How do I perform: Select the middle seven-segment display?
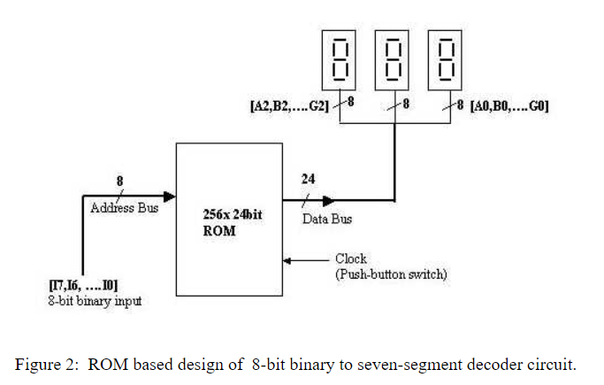tap(394, 58)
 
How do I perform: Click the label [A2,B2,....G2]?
tap(289, 107)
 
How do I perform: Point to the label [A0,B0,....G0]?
tap(508, 106)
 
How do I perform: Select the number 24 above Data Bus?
tap(308, 180)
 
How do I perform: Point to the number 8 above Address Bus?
tap(120, 181)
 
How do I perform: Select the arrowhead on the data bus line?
tap(326, 201)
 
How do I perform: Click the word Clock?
tap(351, 259)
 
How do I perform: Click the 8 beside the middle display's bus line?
tap(405, 104)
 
